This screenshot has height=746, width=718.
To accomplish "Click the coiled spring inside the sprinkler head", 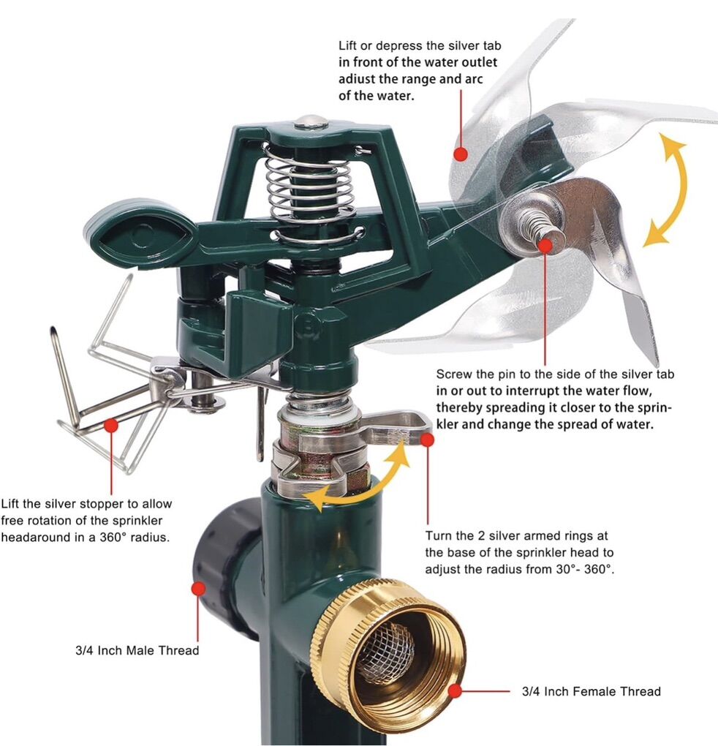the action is coord(309,190).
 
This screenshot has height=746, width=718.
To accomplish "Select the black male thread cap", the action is coord(225,566).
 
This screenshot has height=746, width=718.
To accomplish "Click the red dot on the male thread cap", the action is coord(198,589).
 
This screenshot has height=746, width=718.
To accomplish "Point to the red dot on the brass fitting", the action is coord(456,691).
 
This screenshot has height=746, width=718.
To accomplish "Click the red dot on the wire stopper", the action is coord(111,425).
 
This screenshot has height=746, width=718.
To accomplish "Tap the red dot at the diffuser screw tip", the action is coord(545,246).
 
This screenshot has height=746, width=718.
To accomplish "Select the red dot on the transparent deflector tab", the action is coord(461,154).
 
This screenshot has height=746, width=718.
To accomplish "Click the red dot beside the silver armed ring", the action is coord(428,440).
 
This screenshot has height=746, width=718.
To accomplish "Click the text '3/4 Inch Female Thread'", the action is coord(591,691).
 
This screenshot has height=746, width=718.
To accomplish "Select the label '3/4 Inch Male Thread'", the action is coord(137,650).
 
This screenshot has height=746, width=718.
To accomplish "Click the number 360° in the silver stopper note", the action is coord(114,538).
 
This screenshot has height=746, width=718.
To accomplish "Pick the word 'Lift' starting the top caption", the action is coord(348,45).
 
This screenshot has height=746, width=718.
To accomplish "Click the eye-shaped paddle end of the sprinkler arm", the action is coord(142,236).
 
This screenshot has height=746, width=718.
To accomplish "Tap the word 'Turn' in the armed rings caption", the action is coord(439,535).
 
